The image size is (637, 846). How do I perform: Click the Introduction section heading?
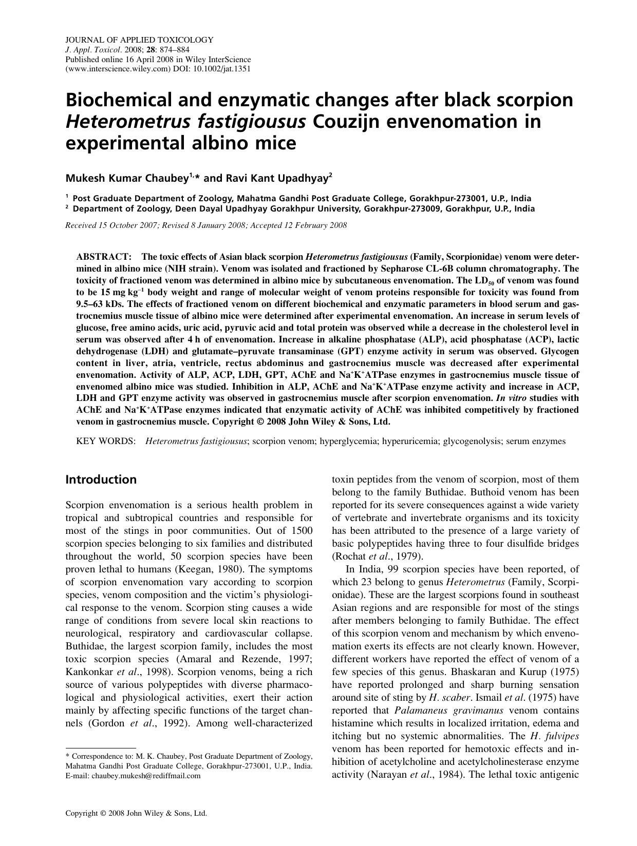click(101, 479)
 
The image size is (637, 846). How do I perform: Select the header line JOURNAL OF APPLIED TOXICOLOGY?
click(139, 40)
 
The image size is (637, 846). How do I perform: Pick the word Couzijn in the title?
click(349, 122)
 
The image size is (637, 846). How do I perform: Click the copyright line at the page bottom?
click(136, 813)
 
